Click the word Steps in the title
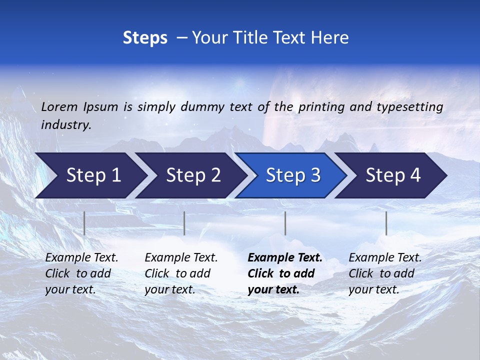point(145,38)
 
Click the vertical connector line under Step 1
point(84,223)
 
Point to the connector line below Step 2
point(184,223)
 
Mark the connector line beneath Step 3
point(285,223)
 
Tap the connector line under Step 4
point(386,223)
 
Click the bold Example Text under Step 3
point(285,273)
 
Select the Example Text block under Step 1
point(81,273)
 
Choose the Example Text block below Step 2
point(181,273)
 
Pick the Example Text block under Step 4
point(385,273)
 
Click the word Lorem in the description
point(59,106)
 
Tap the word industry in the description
point(65,125)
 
